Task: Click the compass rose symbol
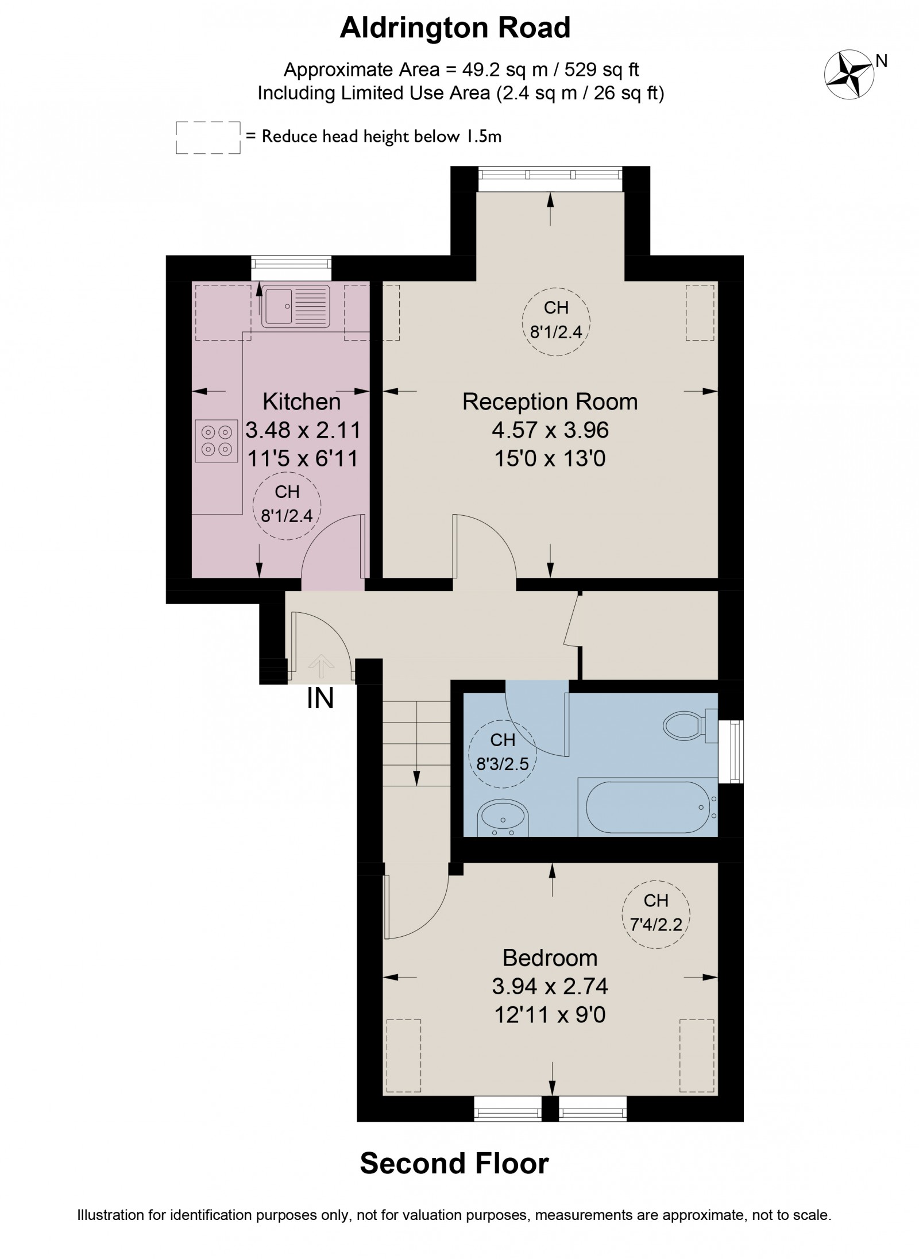point(849,75)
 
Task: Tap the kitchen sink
point(296,306)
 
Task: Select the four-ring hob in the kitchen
point(217,441)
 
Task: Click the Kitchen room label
point(302,401)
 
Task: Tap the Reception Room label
point(550,401)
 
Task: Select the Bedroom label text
point(550,958)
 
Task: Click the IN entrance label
point(321,699)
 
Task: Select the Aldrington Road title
point(455,28)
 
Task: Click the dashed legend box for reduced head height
point(208,137)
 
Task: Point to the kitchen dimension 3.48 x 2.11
point(303,430)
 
